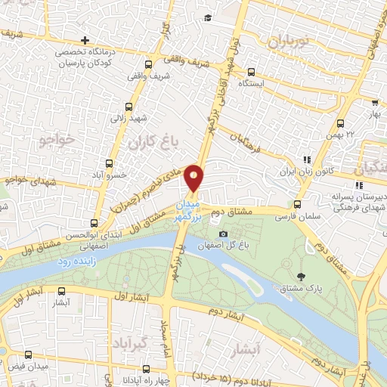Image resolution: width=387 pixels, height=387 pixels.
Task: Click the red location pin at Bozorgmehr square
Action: (195, 177)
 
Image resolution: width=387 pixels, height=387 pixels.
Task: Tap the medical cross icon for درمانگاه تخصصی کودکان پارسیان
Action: (85, 40)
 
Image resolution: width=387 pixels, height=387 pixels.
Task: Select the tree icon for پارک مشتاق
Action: (302, 276)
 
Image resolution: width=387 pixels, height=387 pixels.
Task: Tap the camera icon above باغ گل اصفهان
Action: (222, 233)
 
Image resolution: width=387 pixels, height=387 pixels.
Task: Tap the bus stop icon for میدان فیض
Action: (29, 355)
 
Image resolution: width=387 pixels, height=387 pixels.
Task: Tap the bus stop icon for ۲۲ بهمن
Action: (341, 123)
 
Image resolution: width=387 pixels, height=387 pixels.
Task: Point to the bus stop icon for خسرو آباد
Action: (107, 163)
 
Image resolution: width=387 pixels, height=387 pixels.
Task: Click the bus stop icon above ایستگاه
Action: (250, 73)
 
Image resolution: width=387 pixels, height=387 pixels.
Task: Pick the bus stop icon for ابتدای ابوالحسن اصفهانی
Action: (94, 223)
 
